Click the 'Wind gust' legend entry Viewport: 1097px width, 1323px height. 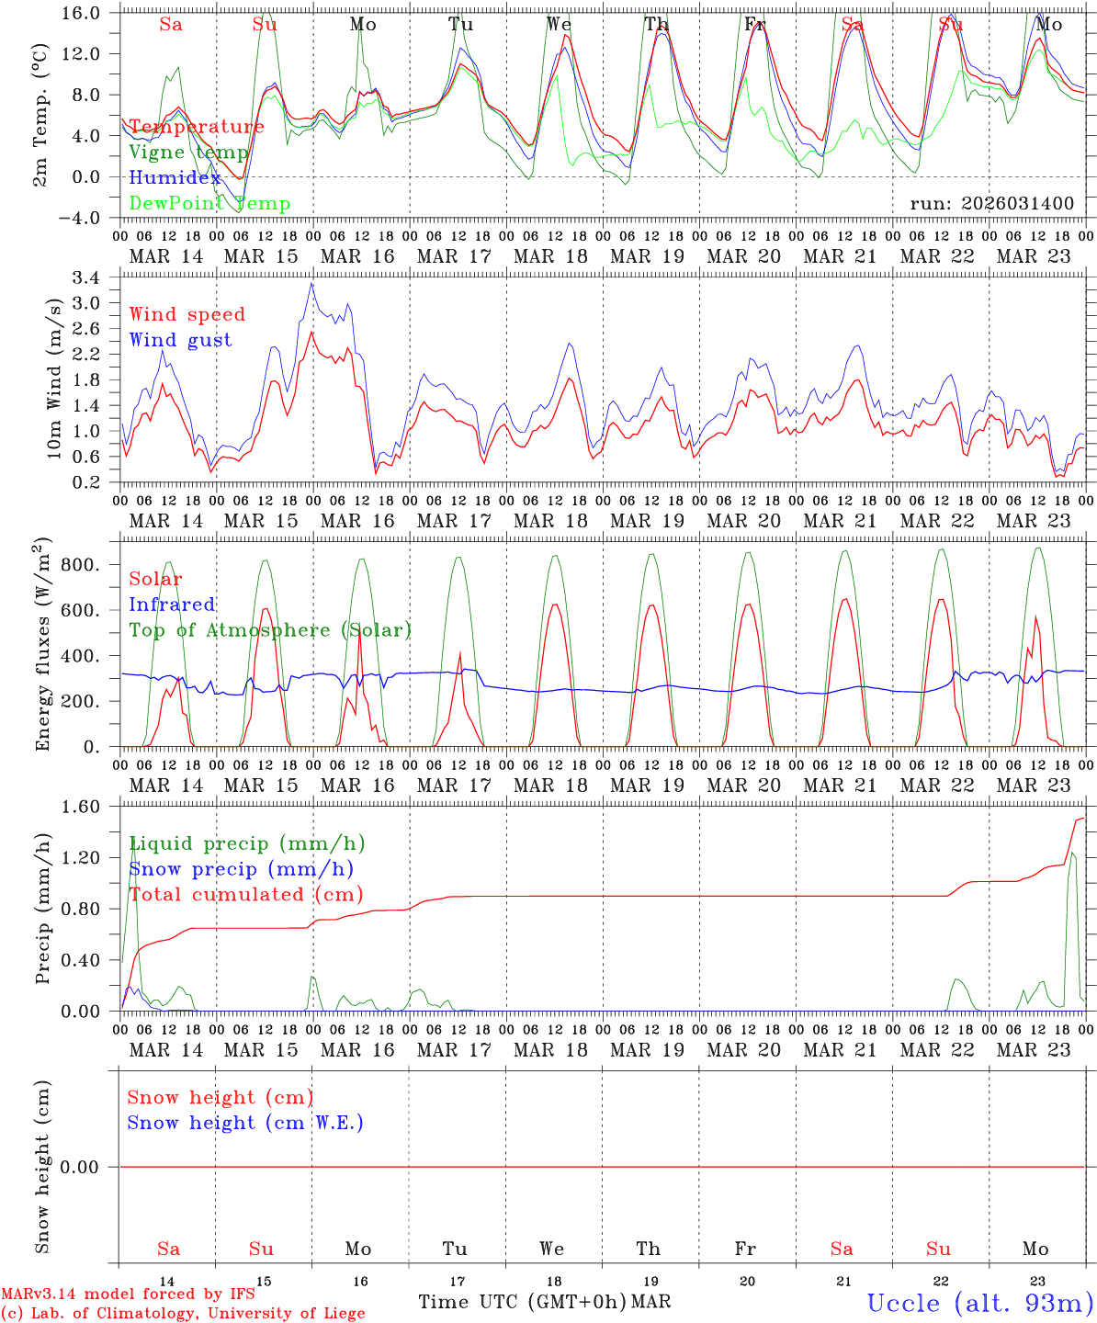coord(180,340)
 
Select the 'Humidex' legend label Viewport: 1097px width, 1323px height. coord(175,178)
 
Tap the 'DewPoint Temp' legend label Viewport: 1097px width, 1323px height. coord(209,204)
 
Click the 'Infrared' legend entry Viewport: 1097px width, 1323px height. coord(172,605)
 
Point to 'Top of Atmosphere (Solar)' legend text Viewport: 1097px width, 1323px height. coord(270,630)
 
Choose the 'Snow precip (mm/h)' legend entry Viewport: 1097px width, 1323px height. coord(241,869)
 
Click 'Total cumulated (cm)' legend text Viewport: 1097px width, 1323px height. coord(246,895)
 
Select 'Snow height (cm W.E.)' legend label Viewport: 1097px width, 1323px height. coord(245,1123)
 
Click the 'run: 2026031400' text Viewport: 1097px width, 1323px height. coord(991,203)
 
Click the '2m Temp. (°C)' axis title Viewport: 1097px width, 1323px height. coord(41,115)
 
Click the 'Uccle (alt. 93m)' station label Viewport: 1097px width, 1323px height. coord(980,1303)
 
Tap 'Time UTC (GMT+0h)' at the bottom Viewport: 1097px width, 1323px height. coord(523,1302)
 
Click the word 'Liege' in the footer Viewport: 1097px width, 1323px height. coord(341,1314)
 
